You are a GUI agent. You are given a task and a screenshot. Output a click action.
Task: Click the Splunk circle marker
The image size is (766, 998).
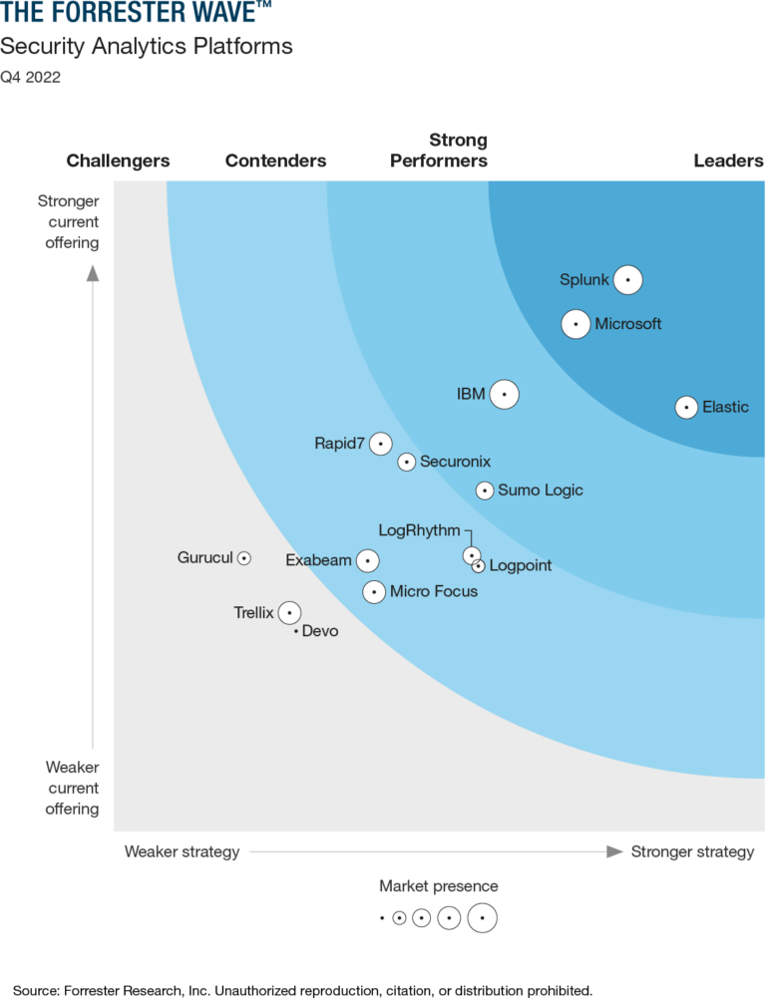[627, 280]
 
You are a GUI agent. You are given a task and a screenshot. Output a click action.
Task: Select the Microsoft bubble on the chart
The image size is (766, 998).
[575, 324]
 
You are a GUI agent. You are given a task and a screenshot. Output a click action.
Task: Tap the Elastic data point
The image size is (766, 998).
[686, 407]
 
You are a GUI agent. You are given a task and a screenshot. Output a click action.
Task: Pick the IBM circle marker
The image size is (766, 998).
[505, 394]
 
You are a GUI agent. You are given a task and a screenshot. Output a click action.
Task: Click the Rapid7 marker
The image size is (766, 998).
[380, 444]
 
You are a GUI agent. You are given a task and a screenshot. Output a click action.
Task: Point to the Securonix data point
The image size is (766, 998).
[406, 462]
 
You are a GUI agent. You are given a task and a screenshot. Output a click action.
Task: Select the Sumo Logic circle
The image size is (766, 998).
[484, 490]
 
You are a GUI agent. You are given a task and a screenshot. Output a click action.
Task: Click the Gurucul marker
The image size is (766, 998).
[243, 558]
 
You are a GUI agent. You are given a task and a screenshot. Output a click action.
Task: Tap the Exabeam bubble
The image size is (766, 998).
[368, 560]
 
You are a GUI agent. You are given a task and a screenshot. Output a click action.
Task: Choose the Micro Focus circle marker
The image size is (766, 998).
[374, 592]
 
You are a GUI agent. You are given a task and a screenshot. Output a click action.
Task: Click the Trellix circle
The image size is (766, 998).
[289, 613]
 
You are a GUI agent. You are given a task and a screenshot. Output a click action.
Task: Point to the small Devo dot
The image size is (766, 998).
[296, 631]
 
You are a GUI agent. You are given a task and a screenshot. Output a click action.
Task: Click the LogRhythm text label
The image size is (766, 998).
[419, 530]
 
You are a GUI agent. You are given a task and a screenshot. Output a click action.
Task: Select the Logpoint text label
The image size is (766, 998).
[521, 566]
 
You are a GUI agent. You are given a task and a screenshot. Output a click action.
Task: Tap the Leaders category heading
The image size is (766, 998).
[728, 161]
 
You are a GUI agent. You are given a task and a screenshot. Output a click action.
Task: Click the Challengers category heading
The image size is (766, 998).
[118, 161]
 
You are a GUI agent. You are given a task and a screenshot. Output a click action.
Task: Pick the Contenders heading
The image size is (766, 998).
[275, 161]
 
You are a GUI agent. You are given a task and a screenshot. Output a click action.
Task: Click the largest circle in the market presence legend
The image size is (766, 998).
[483, 917]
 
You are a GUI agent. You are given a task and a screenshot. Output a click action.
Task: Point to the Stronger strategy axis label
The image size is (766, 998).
[692, 851]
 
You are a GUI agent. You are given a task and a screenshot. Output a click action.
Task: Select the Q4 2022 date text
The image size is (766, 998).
[30, 78]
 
